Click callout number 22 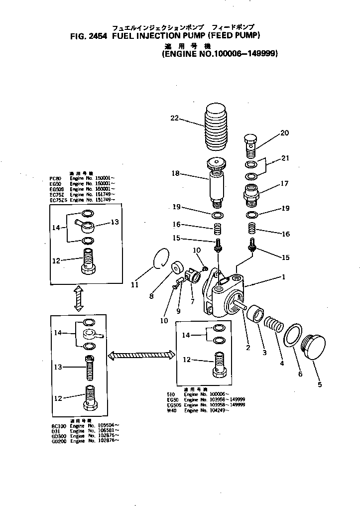174,119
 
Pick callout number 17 284,183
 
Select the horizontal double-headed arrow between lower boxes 141,355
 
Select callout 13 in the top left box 115,222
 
